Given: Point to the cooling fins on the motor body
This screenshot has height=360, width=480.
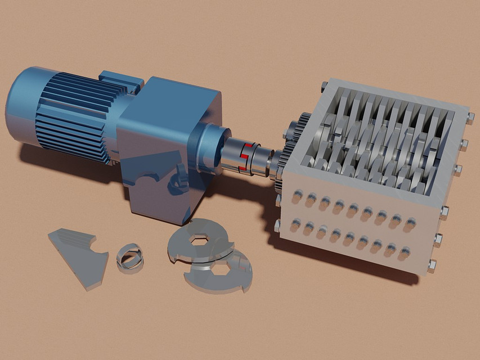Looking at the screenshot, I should click(73, 115).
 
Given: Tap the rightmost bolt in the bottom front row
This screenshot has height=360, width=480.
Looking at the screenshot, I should click(405, 253).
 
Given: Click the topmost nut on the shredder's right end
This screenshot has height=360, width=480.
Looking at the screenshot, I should click(470, 118).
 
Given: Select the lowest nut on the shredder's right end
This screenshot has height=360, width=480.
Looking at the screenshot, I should click(432, 263).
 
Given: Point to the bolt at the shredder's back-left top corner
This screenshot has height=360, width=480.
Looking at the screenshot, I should click(325, 85).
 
